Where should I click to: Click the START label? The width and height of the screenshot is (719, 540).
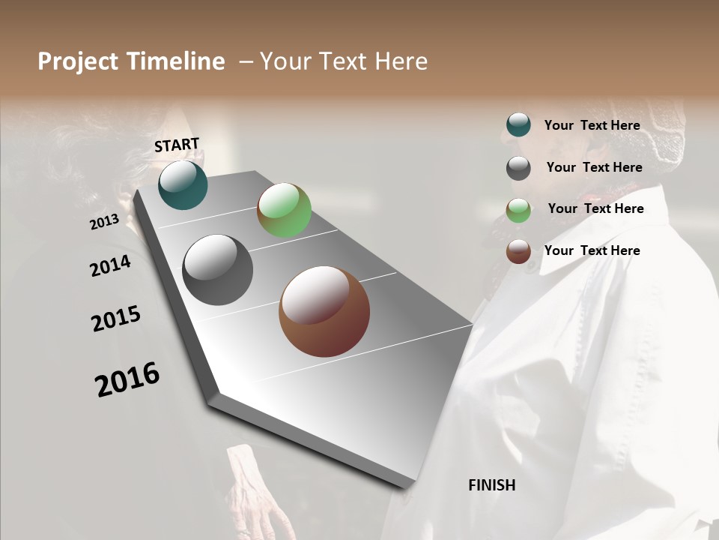177,145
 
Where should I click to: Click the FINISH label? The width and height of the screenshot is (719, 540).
492,485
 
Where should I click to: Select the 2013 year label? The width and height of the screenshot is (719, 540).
104,222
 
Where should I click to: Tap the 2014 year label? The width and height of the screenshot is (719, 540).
110,265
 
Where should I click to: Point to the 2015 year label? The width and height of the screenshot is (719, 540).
116,319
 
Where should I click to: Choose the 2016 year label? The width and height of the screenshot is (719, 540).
127,379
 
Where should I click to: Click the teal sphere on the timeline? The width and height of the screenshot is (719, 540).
183,185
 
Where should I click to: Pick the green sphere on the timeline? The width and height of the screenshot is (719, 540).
284,210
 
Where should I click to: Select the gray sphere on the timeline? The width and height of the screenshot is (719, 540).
217,270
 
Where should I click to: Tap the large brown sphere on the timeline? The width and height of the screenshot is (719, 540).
324,311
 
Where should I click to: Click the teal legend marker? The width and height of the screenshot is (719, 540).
518,125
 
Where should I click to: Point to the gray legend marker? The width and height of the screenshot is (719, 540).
518,168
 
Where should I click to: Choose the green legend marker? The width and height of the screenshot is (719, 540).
518,210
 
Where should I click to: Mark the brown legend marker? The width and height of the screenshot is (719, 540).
518,251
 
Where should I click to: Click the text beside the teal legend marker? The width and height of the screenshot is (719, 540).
592,125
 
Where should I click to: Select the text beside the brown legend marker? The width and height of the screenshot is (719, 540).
592,250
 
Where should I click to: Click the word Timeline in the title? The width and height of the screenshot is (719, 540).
177,61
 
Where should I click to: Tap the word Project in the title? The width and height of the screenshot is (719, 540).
78,61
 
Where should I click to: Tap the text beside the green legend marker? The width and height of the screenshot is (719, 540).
595,208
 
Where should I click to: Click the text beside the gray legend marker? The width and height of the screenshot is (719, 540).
594,167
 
